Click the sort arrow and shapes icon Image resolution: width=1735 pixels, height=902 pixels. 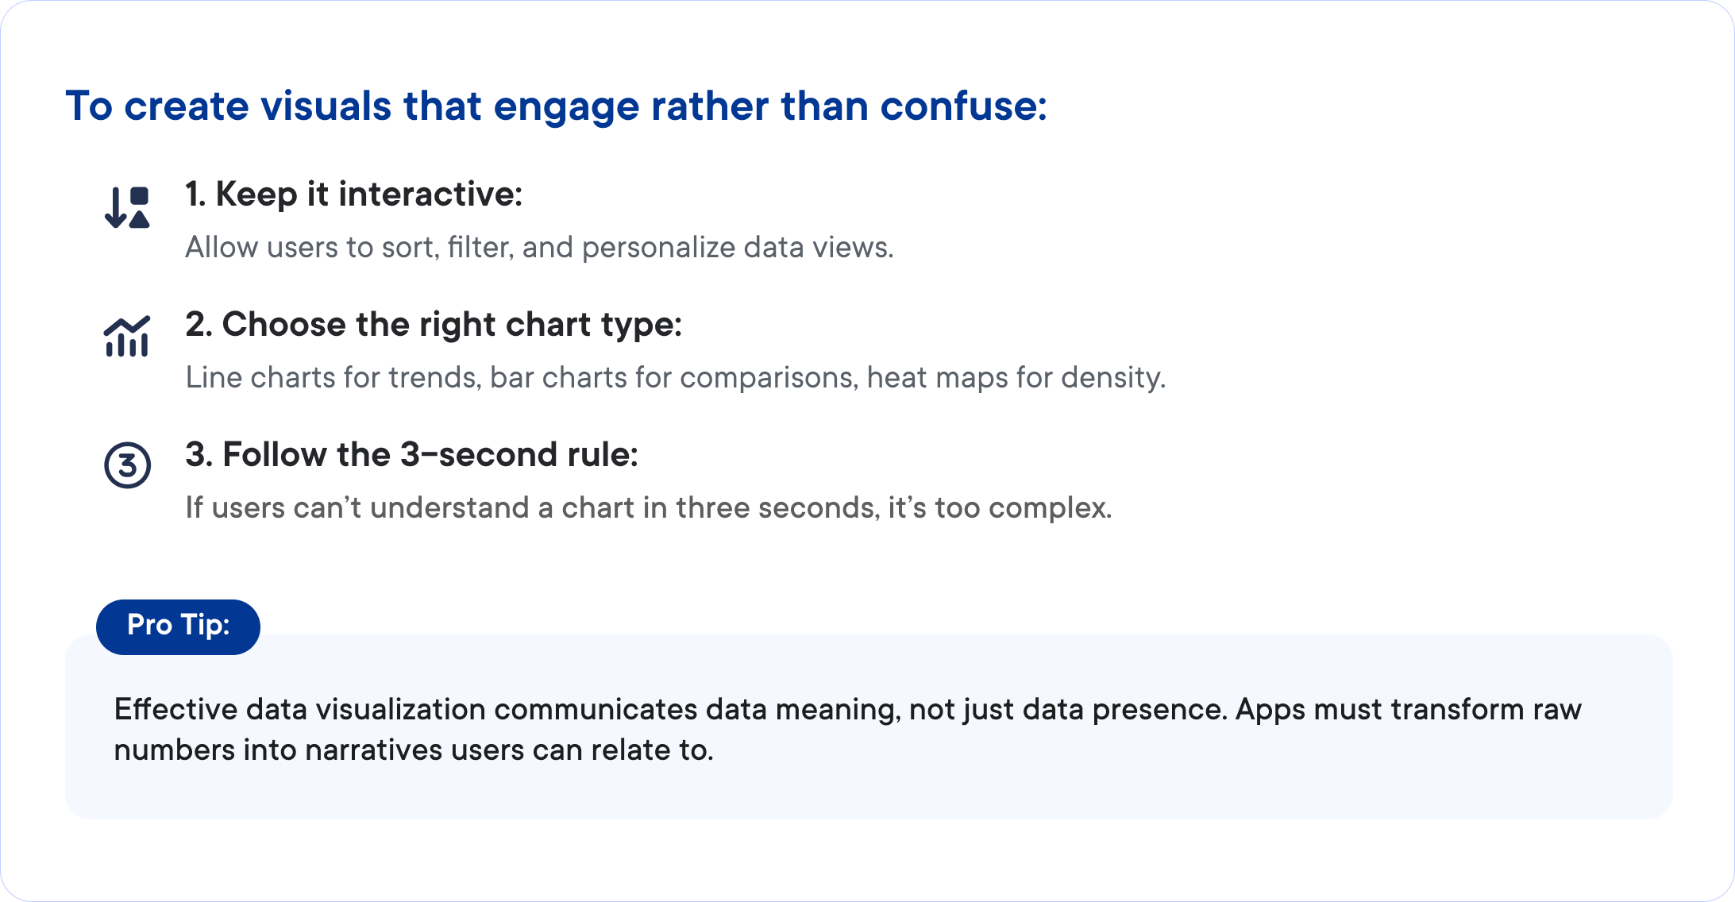127,207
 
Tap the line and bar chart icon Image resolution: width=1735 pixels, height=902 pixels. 127,337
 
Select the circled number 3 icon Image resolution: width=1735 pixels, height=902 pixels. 127,465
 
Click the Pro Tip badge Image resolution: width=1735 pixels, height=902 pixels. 178,626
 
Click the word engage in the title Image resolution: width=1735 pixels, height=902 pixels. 565,106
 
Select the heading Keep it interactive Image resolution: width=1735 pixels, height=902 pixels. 353,195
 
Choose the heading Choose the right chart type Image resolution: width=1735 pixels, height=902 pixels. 434,325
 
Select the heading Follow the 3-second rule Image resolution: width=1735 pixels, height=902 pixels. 411,455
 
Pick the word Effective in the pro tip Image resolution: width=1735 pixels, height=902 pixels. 175,709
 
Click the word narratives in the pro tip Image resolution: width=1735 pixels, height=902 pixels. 373,750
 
